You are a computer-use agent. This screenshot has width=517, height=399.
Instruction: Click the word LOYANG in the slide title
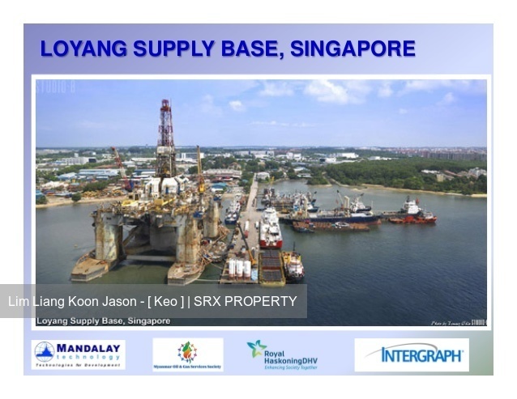[x=79, y=49]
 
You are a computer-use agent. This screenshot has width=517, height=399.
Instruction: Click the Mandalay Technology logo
[x=78, y=354]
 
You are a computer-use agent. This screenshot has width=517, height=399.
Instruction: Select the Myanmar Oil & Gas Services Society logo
[x=187, y=354]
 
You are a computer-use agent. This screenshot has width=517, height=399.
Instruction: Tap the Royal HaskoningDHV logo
[x=282, y=354]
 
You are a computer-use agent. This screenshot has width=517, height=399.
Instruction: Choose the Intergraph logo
[x=412, y=354]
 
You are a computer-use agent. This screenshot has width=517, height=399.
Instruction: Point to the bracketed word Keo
[x=164, y=302]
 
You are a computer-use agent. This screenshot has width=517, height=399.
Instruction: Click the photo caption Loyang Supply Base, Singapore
[x=103, y=321]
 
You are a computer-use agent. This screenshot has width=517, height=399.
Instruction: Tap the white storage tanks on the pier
[x=239, y=267]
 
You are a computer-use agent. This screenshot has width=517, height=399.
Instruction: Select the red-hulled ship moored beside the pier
[x=270, y=230]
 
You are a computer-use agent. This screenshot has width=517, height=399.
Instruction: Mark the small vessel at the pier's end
[x=293, y=264]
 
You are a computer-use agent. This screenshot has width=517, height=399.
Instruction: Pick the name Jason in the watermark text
[x=120, y=302]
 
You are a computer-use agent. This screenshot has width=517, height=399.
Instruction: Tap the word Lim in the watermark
[x=18, y=302]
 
